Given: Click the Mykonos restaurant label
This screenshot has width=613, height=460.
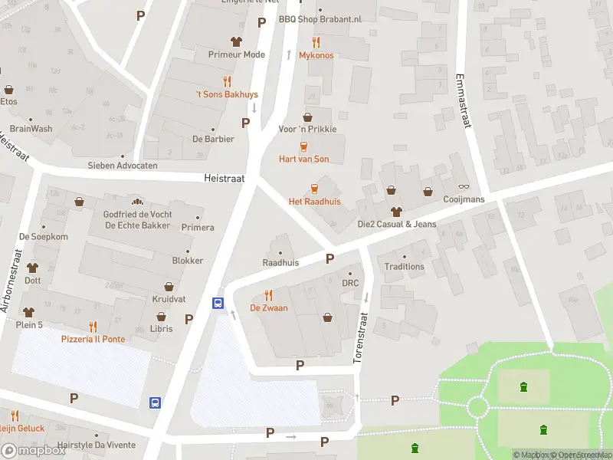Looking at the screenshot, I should tap(316, 55).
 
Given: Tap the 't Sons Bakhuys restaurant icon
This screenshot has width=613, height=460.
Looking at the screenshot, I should tap(227, 81).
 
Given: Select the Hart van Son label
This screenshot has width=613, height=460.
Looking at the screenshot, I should tap(303, 159).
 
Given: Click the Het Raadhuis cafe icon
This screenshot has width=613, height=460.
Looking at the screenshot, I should tap(314, 188).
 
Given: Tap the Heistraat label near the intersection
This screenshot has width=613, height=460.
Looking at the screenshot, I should tap(224, 177).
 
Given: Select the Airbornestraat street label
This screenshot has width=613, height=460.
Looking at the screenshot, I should tap(12, 280).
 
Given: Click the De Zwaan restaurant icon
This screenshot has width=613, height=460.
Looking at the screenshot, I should tap(268, 294).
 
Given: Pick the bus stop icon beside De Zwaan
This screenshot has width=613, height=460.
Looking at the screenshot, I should tap(218, 303).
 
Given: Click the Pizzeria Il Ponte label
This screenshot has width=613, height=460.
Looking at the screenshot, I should tap(93, 339).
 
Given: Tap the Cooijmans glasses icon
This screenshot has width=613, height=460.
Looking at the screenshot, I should tap(463, 186).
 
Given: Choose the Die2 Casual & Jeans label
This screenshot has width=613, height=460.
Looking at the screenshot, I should tap(396, 224).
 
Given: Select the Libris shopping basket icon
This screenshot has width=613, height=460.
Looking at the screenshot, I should tap(162, 316).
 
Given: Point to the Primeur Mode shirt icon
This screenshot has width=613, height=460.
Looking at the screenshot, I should tap(236, 41).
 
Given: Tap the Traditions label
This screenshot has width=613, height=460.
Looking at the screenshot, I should tap(404, 267).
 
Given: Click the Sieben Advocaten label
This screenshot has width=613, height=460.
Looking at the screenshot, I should tap(123, 166).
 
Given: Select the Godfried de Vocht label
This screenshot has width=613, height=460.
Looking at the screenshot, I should tap(138, 214).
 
